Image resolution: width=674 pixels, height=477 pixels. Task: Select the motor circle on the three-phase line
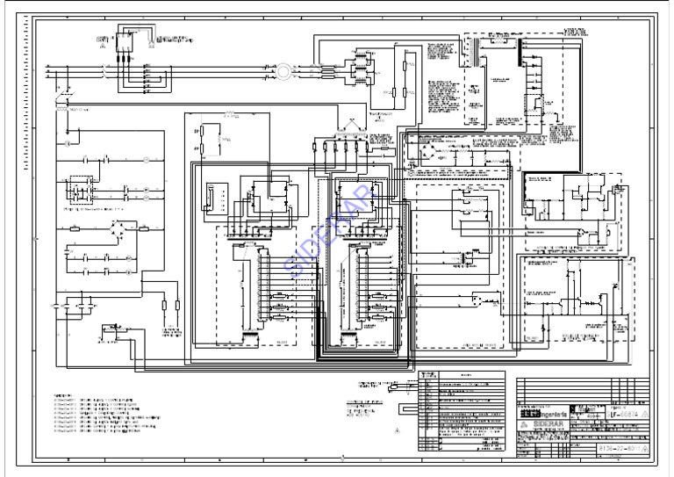285,69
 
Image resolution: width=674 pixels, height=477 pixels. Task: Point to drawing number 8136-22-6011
617,448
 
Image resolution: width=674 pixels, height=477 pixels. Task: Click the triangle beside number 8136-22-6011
645,448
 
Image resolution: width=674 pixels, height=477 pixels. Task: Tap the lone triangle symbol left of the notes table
397,430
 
